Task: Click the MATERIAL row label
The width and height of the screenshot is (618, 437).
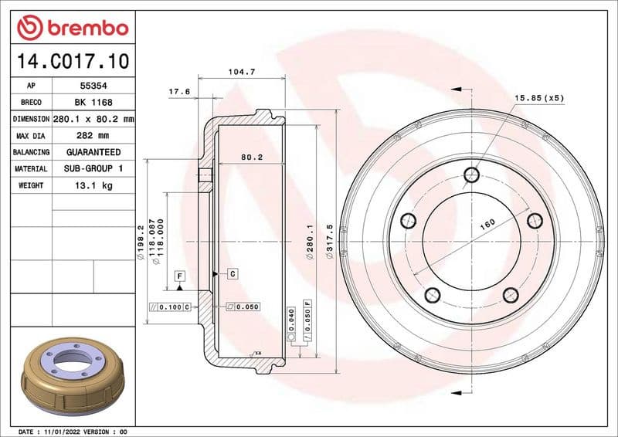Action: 31,168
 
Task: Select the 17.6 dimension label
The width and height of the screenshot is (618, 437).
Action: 179,92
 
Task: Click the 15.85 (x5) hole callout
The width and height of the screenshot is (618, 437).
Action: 540,98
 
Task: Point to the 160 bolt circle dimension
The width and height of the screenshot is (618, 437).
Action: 487,225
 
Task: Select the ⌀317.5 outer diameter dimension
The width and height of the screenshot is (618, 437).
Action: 329,242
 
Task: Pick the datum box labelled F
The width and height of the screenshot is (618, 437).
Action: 179,276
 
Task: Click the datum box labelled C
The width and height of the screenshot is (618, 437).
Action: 231,273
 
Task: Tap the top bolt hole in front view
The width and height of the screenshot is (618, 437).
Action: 471,175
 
